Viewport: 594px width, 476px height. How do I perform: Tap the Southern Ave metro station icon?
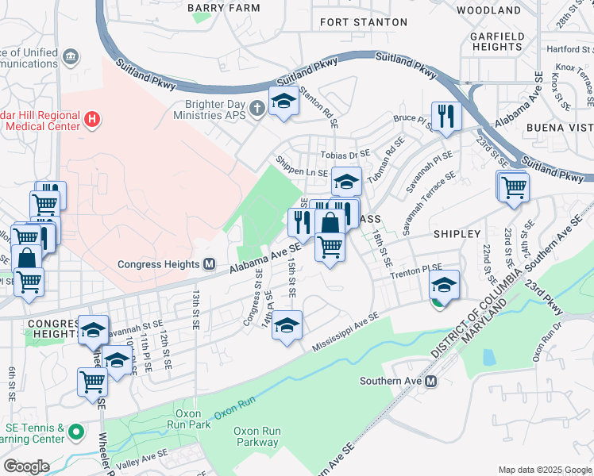(x=431, y=381)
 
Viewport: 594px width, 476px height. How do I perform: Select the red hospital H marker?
(x=93, y=121)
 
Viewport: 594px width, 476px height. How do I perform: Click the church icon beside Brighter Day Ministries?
(x=256, y=107)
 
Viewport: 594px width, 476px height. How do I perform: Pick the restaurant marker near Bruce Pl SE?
(x=446, y=117)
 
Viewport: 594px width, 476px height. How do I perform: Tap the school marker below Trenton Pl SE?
(x=445, y=285)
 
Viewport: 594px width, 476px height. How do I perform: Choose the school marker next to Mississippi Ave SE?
(x=287, y=325)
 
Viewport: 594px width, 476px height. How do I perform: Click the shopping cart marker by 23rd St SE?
(x=513, y=188)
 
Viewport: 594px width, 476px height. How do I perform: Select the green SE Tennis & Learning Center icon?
(x=75, y=432)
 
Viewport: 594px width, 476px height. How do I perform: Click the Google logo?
(x=26, y=466)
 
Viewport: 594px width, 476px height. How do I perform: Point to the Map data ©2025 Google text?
(x=544, y=470)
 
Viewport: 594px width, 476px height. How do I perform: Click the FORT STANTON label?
(x=363, y=22)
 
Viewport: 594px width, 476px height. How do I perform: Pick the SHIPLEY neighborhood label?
(x=457, y=234)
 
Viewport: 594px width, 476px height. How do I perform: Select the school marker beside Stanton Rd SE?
(x=283, y=100)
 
